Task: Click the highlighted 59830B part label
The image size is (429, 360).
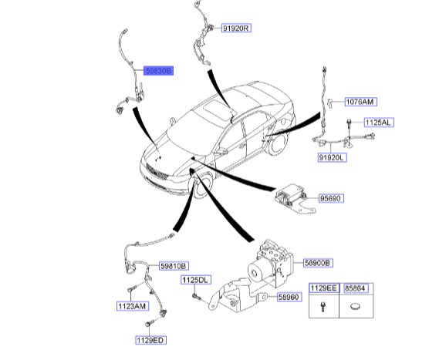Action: point(158,71)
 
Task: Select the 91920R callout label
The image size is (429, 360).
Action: point(236,29)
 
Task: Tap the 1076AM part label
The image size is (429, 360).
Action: point(360,102)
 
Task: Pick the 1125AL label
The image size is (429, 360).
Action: point(378,123)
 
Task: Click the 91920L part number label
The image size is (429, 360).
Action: point(332,157)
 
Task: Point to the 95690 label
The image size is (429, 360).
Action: point(331,198)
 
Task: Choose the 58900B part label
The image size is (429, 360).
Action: point(318,263)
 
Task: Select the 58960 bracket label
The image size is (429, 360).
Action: point(289,297)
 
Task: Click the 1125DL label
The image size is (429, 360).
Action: point(196,280)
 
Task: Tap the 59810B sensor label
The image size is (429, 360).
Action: point(174,266)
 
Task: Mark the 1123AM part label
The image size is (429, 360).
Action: point(133,306)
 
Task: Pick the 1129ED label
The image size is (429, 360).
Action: point(150,340)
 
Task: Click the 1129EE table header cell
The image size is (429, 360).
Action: point(324,288)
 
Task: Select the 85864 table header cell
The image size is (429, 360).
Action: point(356,288)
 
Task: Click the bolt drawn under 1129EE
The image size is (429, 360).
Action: point(323,307)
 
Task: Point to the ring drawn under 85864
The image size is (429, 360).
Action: point(356,306)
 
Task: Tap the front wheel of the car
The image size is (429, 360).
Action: point(203,183)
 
